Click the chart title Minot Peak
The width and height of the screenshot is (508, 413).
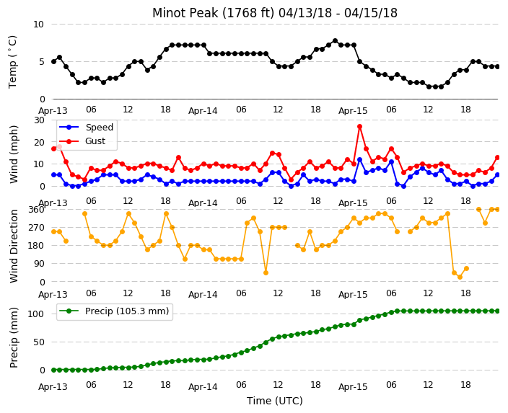275,13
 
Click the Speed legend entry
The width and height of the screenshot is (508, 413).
86,127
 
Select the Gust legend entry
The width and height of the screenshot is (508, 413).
82,141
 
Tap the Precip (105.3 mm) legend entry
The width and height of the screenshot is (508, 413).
114,311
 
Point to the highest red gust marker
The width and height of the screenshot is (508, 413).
359,127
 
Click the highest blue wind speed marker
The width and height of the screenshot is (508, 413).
359,159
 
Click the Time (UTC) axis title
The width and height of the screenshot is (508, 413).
275,401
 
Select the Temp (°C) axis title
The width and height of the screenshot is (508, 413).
12,61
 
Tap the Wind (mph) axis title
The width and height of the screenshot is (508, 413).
14,154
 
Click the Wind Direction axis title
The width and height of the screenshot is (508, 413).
14,246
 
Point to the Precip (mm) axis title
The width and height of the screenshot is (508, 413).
14,337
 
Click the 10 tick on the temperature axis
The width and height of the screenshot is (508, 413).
38,25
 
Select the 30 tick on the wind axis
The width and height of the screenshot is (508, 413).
39,120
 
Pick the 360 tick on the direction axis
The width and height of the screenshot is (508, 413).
37,210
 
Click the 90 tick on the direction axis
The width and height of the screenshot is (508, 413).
39,264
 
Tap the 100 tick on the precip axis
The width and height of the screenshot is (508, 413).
36,314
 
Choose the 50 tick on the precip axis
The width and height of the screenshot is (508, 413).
39,342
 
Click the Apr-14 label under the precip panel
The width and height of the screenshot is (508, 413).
203,387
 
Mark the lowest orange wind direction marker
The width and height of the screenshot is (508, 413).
460,277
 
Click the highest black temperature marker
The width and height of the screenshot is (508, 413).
335,41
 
